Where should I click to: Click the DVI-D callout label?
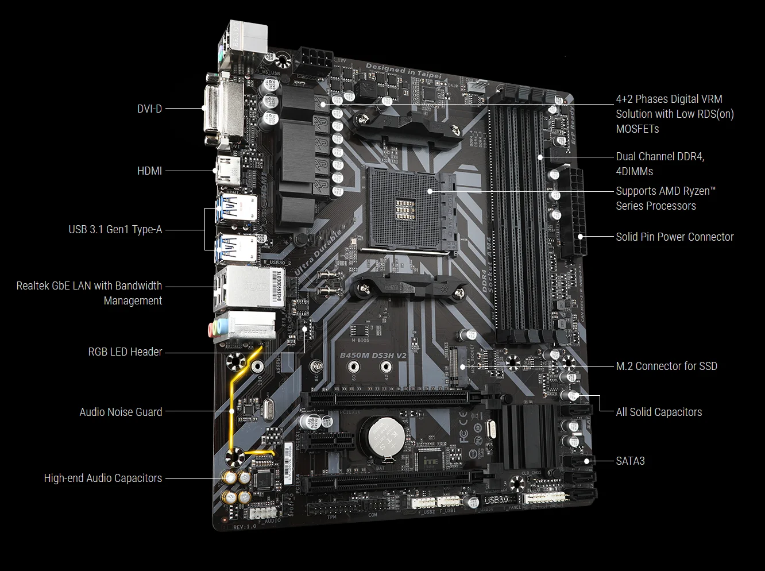(149, 109)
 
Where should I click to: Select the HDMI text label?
(149, 171)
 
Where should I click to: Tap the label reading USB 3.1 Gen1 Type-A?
(115, 230)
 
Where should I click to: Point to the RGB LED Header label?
(125, 352)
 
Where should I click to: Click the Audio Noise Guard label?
(121, 412)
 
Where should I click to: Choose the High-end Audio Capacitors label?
(103, 478)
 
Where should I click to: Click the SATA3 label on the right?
(630, 461)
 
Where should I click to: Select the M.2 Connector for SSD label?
(666, 366)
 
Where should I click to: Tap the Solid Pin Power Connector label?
(674, 237)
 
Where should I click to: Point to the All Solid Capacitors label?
(659, 412)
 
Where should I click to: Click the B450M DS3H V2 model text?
(373, 356)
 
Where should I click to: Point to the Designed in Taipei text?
(403, 70)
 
